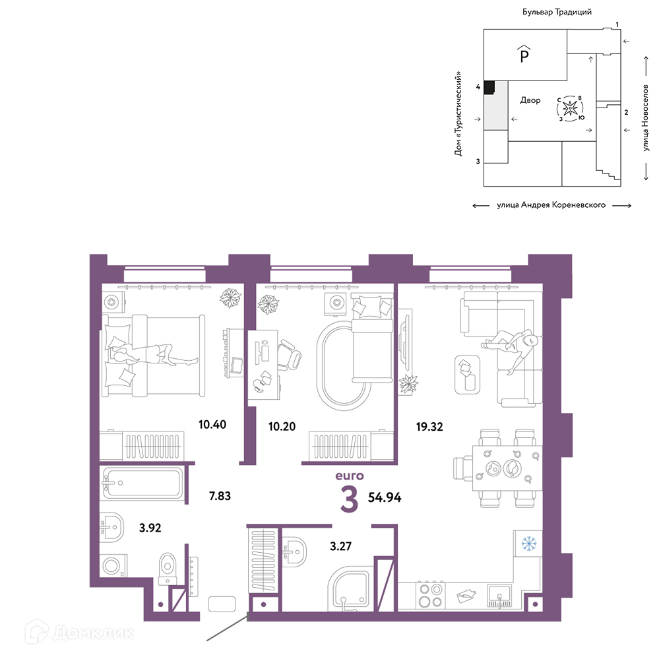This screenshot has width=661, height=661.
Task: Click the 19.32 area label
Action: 429,427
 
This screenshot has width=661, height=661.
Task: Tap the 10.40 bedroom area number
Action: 212,424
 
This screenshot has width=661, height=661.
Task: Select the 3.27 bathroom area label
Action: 340,546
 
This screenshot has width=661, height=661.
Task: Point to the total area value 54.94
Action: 385,497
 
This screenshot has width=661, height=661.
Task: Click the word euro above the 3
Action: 350,476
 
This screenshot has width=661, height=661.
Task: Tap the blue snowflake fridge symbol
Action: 528,544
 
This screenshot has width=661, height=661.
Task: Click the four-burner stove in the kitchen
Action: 429,595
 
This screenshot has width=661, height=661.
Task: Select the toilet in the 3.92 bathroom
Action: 168,569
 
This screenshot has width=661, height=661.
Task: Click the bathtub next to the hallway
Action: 142,483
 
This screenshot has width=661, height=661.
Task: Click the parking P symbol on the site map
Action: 524,54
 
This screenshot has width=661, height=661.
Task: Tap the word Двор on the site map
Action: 530,100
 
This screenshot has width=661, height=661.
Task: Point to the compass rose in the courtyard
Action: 571,108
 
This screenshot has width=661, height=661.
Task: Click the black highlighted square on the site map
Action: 489,87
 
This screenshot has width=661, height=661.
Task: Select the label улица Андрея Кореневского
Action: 551,205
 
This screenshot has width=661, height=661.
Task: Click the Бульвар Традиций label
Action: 557,12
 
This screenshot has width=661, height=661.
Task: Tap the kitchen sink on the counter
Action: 499,595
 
